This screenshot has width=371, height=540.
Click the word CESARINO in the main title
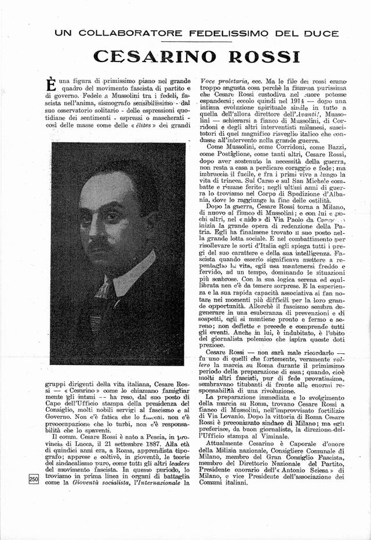(x=154, y=56)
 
